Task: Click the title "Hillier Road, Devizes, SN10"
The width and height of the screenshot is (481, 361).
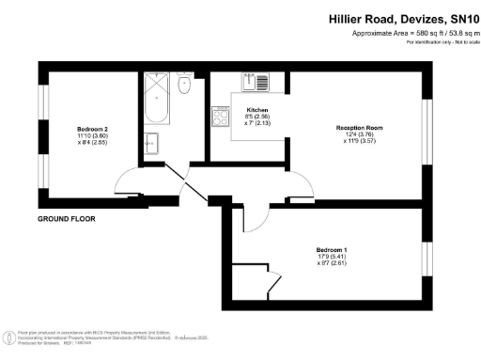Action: (403, 18)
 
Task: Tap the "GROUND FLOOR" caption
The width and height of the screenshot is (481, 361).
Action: (67, 219)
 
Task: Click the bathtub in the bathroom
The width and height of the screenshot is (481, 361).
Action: (155, 102)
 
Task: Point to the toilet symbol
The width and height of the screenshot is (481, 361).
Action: (184, 85)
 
